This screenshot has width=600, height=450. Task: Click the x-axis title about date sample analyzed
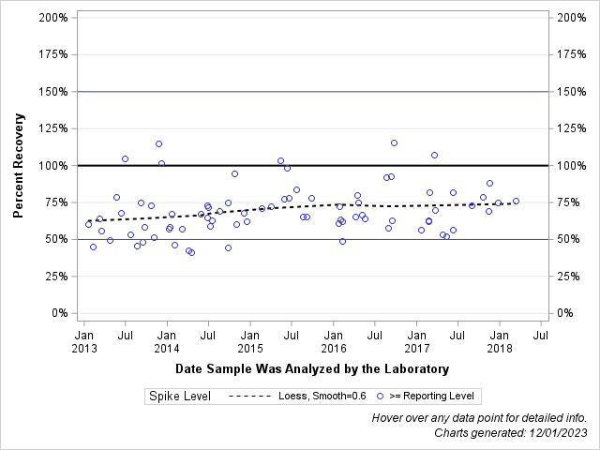[311, 368]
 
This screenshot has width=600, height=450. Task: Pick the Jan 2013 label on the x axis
[83, 340]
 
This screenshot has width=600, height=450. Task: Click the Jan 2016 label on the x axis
[334, 340]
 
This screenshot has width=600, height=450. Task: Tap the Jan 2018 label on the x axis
[500, 340]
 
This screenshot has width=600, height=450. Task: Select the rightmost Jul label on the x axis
[541, 334]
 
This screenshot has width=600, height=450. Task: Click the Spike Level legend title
[179, 397]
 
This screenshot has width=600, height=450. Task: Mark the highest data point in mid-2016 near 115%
[394, 142]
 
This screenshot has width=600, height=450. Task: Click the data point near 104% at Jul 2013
[125, 158]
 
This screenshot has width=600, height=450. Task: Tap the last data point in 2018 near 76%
[516, 201]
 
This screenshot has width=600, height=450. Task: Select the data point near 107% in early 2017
[434, 155]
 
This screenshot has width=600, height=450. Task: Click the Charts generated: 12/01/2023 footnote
[511, 432]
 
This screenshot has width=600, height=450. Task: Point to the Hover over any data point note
[479, 417]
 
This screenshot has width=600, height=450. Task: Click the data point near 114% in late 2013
[158, 143]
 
